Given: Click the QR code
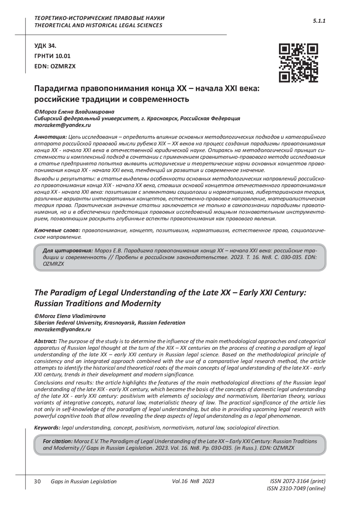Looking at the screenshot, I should (298, 63).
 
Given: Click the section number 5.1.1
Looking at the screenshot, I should (319, 21).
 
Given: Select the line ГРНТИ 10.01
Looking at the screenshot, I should (52, 56).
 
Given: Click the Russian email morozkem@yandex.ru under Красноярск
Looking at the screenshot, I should (62, 125).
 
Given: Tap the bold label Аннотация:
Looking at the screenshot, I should (50, 137).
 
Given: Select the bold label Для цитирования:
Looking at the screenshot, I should (67, 250).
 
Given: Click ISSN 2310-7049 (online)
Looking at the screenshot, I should (296, 489).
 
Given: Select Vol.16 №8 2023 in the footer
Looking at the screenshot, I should (193, 481).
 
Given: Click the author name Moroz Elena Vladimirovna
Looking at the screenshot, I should (72, 316).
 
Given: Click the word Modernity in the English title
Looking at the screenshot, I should (141, 304).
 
